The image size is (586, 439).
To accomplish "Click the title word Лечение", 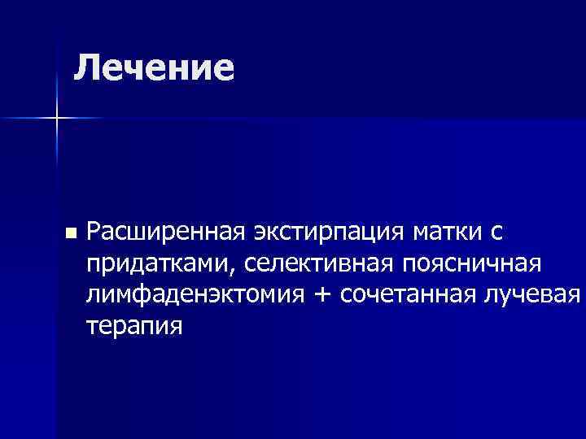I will [x=154, y=67].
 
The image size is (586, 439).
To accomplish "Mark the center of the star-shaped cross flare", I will [x=56, y=120].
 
